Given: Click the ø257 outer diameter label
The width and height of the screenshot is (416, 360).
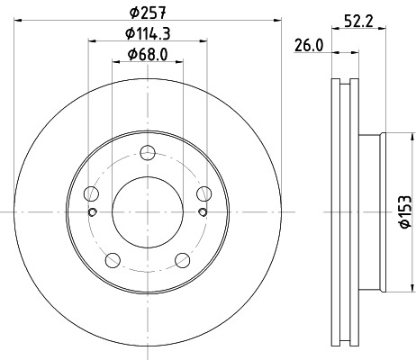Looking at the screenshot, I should click(147, 13).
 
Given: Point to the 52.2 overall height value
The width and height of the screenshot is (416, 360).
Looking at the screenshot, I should click(358, 22).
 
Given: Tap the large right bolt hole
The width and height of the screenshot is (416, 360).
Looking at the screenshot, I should click(203, 193).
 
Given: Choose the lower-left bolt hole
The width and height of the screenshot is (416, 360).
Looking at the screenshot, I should click(112, 259).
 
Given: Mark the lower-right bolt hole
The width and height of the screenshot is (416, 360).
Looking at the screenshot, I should click(182, 259).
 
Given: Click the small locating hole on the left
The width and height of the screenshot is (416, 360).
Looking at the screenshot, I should click(93, 212).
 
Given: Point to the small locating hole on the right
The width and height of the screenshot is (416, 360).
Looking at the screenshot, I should click(202, 212).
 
